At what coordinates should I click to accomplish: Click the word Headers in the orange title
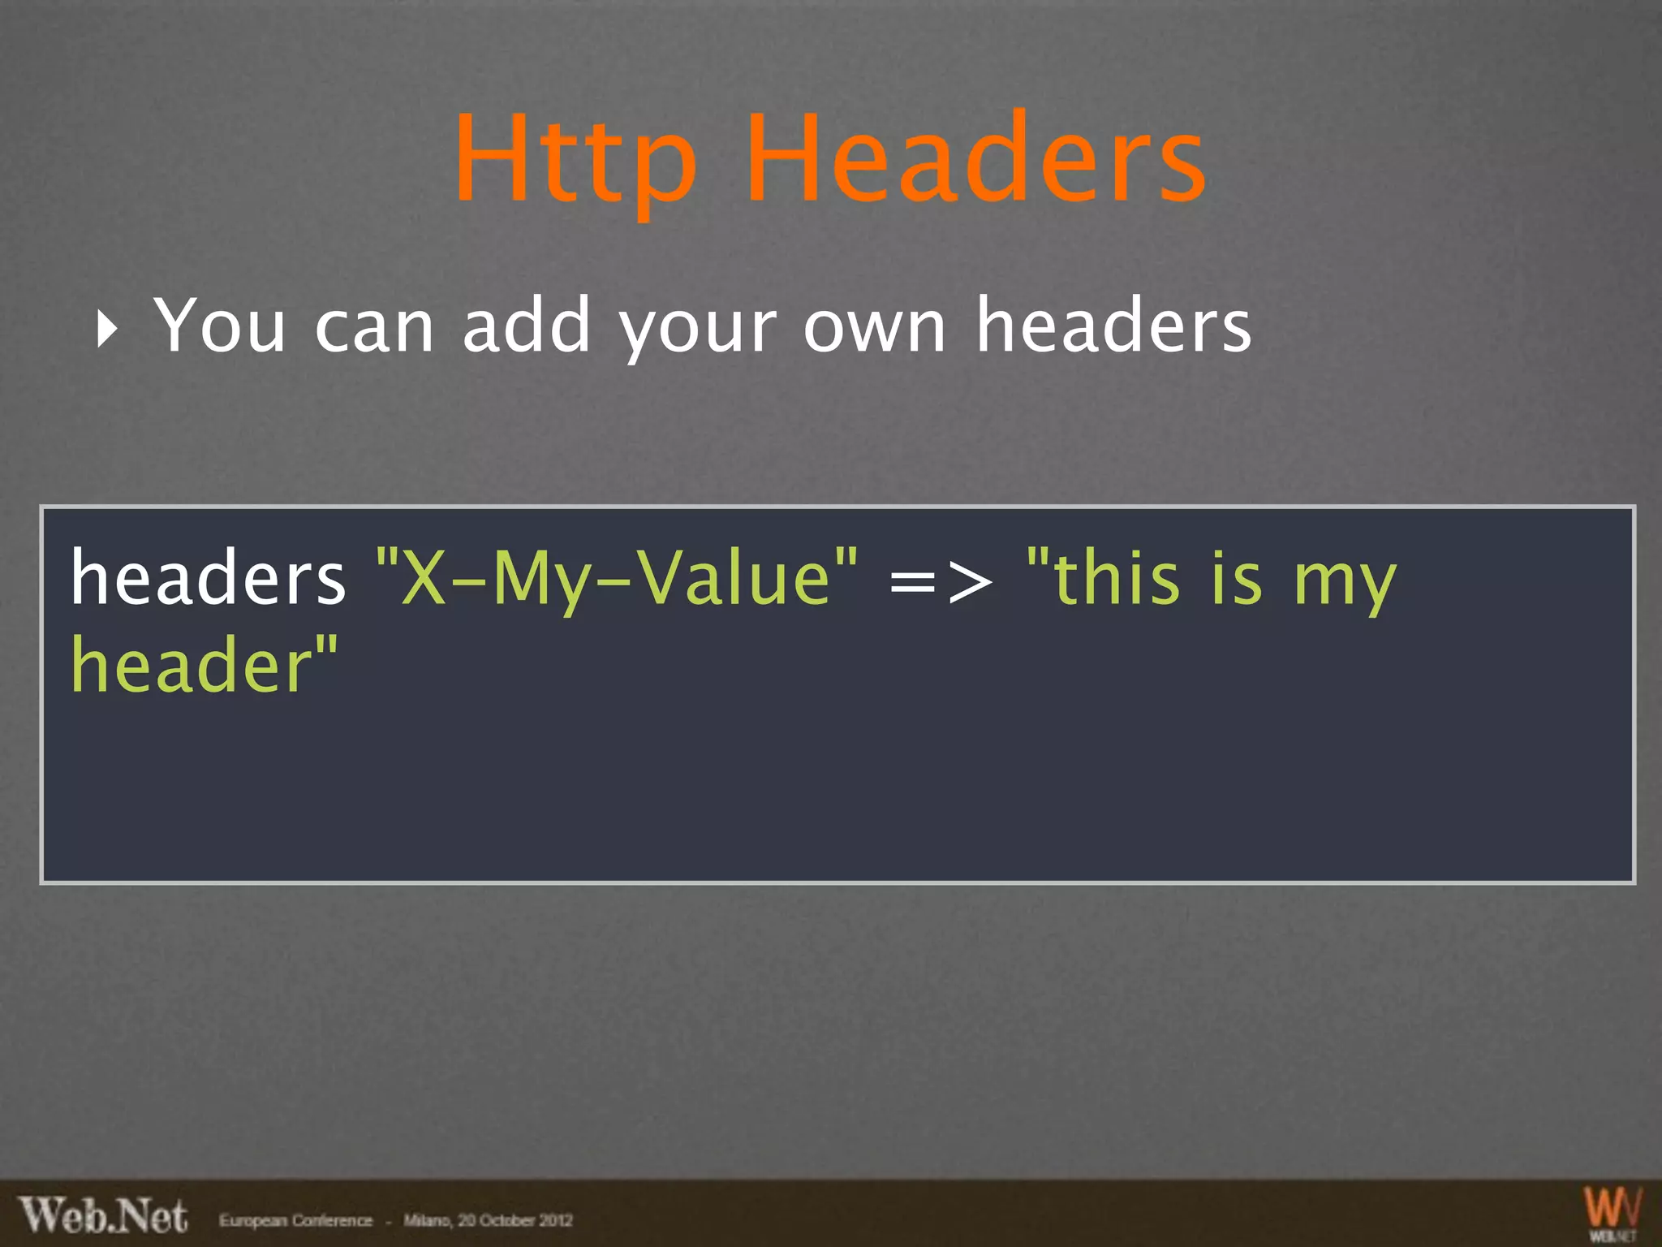[x=976, y=158]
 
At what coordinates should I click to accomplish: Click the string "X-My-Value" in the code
[x=617, y=578]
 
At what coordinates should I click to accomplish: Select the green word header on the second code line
[x=203, y=666]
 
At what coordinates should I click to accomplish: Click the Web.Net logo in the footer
[x=103, y=1216]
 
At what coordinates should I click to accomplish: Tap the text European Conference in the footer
[x=295, y=1220]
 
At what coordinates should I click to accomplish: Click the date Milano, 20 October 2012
[x=488, y=1220]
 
